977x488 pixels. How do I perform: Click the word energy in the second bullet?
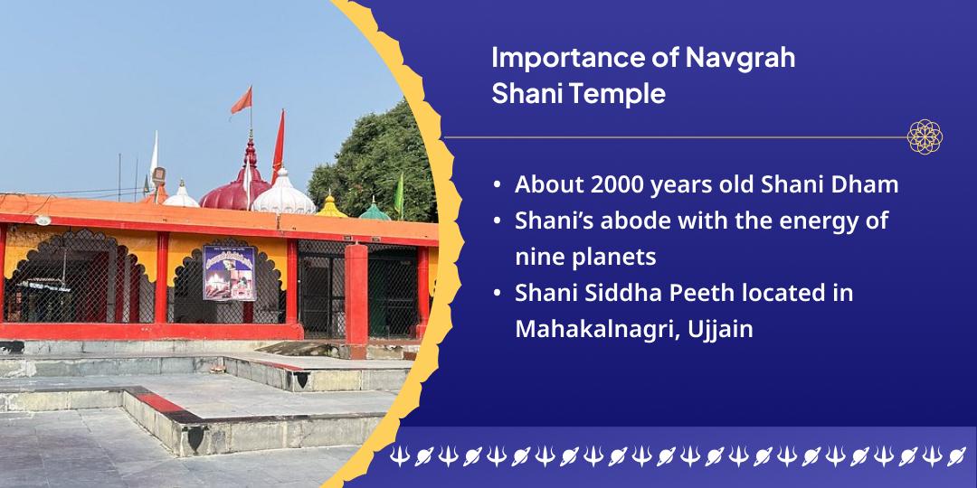pos(792,221)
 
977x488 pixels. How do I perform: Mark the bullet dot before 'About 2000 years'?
pos(498,185)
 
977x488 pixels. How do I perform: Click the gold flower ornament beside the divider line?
pos(925,137)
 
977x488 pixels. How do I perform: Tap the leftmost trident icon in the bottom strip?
pos(399,456)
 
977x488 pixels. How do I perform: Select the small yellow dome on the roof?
pos(331,206)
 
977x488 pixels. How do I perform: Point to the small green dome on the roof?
pos(375,211)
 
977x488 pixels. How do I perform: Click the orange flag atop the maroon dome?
pos(242,100)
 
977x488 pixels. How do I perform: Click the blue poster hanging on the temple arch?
pos(229,272)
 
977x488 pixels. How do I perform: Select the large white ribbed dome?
pos(283,192)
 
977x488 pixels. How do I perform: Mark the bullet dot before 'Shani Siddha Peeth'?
pos(498,294)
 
